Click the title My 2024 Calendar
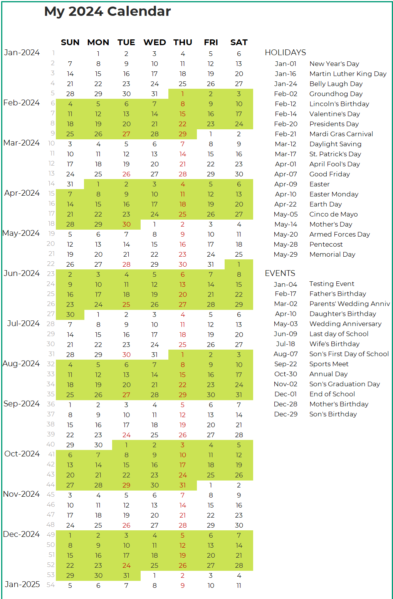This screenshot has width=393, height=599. point(107,12)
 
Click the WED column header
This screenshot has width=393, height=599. point(155,42)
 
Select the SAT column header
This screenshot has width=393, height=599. point(239,42)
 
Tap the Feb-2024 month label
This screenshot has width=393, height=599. point(21,103)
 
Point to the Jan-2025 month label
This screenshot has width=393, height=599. point(22,584)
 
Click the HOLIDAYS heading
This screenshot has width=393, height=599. point(285,52)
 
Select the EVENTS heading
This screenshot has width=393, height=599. point(280,273)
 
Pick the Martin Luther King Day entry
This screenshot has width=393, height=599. point(348,74)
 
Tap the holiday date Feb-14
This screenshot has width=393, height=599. point(286,114)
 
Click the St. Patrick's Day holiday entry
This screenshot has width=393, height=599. point(335,154)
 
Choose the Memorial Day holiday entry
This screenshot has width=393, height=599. point(333,254)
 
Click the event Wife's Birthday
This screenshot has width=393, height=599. point(334,344)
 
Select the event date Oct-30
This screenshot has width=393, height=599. point(286,374)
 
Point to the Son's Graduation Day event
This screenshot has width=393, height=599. point(345,384)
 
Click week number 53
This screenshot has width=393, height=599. point(51,575)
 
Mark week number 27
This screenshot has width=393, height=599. point(51,314)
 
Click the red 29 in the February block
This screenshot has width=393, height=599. point(183,134)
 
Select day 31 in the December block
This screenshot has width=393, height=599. point(126,575)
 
